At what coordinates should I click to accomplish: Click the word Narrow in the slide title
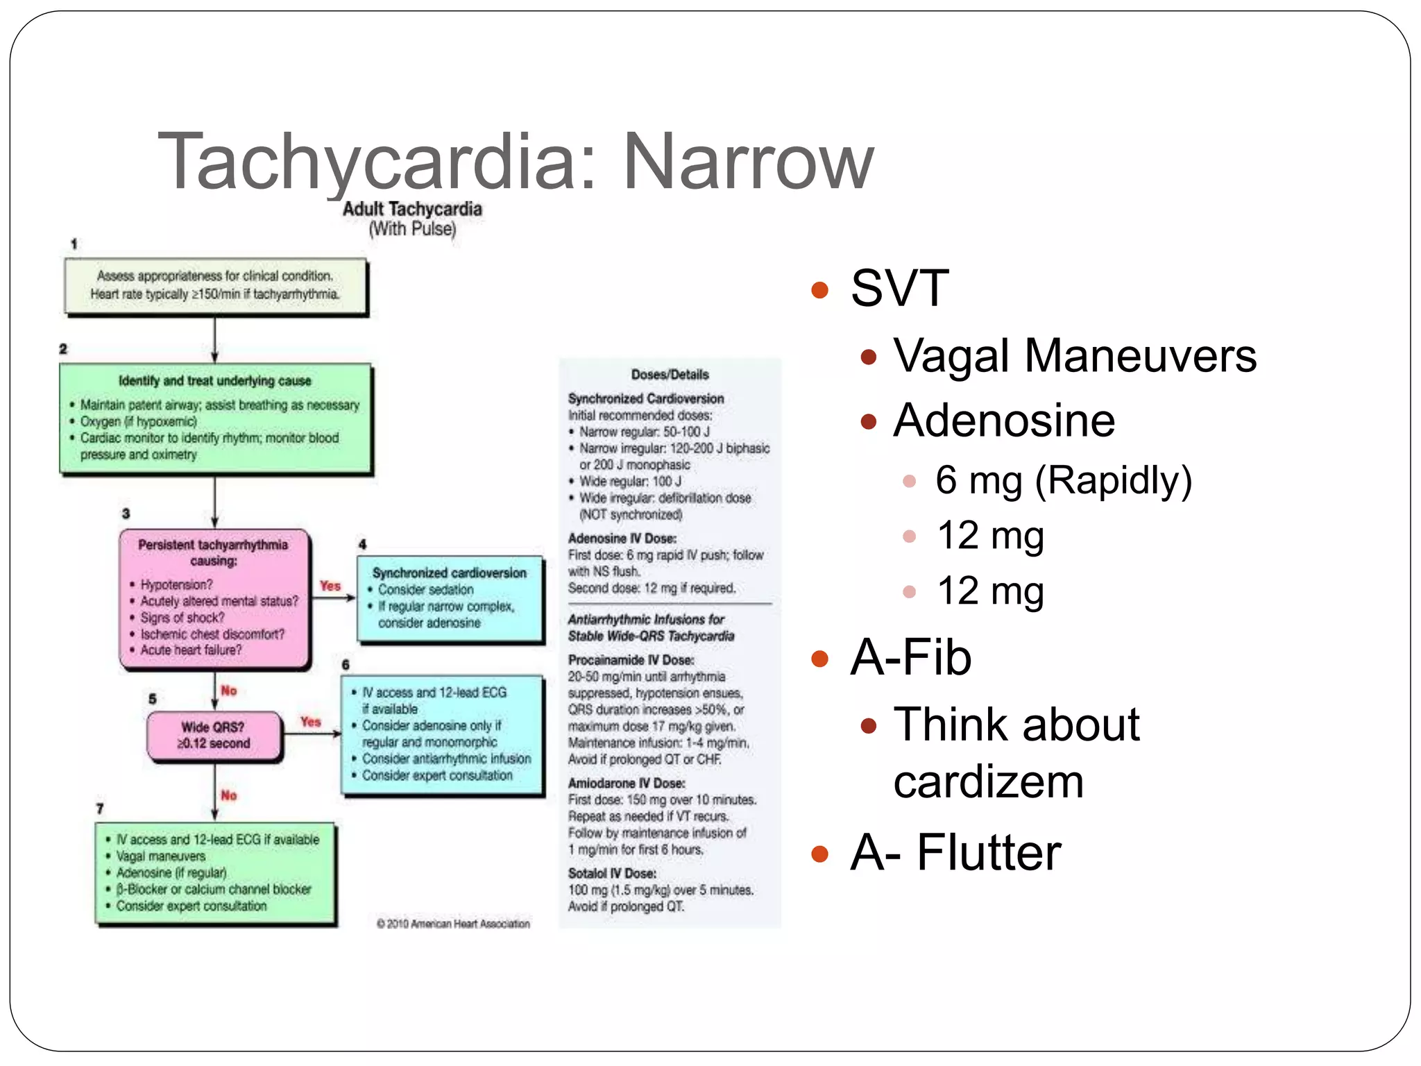(748, 162)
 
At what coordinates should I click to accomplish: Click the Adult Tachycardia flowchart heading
(412, 209)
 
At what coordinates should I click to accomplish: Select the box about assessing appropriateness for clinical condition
(215, 285)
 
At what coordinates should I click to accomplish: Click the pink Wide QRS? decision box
(214, 735)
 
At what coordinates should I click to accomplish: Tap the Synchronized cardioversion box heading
(449, 573)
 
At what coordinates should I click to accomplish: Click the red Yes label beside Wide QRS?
(311, 722)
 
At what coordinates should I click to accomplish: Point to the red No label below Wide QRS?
(229, 795)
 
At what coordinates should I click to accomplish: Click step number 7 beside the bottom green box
(100, 809)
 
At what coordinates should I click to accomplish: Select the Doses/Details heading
(670, 375)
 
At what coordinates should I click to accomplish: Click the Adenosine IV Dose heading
(622, 539)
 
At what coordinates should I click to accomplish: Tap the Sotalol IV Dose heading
(612, 873)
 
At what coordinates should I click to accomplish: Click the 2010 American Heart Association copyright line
(453, 924)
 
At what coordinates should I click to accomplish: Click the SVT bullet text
(899, 288)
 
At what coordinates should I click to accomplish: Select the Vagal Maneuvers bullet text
(1074, 355)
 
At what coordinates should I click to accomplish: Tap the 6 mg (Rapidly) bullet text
(1063, 480)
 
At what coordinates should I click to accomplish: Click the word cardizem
(988, 782)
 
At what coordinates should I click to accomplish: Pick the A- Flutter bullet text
(955, 852)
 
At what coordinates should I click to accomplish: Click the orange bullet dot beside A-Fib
(820, 658)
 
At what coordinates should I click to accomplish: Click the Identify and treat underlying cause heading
(214, 381)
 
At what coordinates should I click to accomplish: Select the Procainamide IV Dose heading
(631, 660)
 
